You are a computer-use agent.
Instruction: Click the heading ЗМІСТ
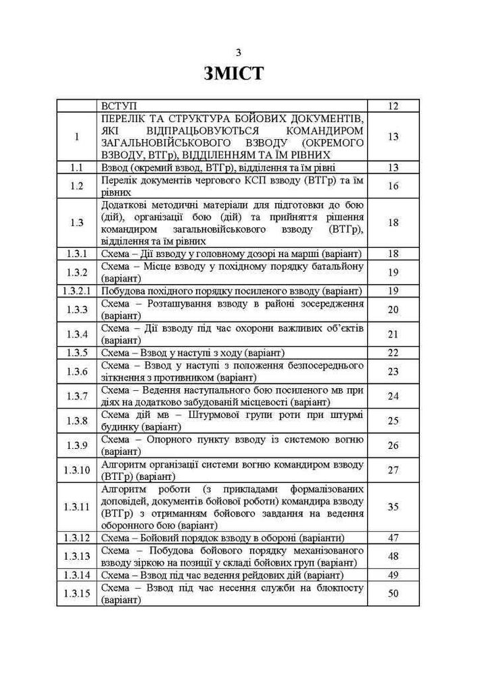click(x=233, y=74)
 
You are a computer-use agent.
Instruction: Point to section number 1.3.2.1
click(x=76, y=291)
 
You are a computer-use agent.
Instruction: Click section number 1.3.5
click(x=76, y=352)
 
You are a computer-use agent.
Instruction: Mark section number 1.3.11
click(x=76, y=507)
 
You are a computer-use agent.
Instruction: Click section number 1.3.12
click(x=76, y=538)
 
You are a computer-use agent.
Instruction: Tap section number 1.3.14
click(x=76, y=575)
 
